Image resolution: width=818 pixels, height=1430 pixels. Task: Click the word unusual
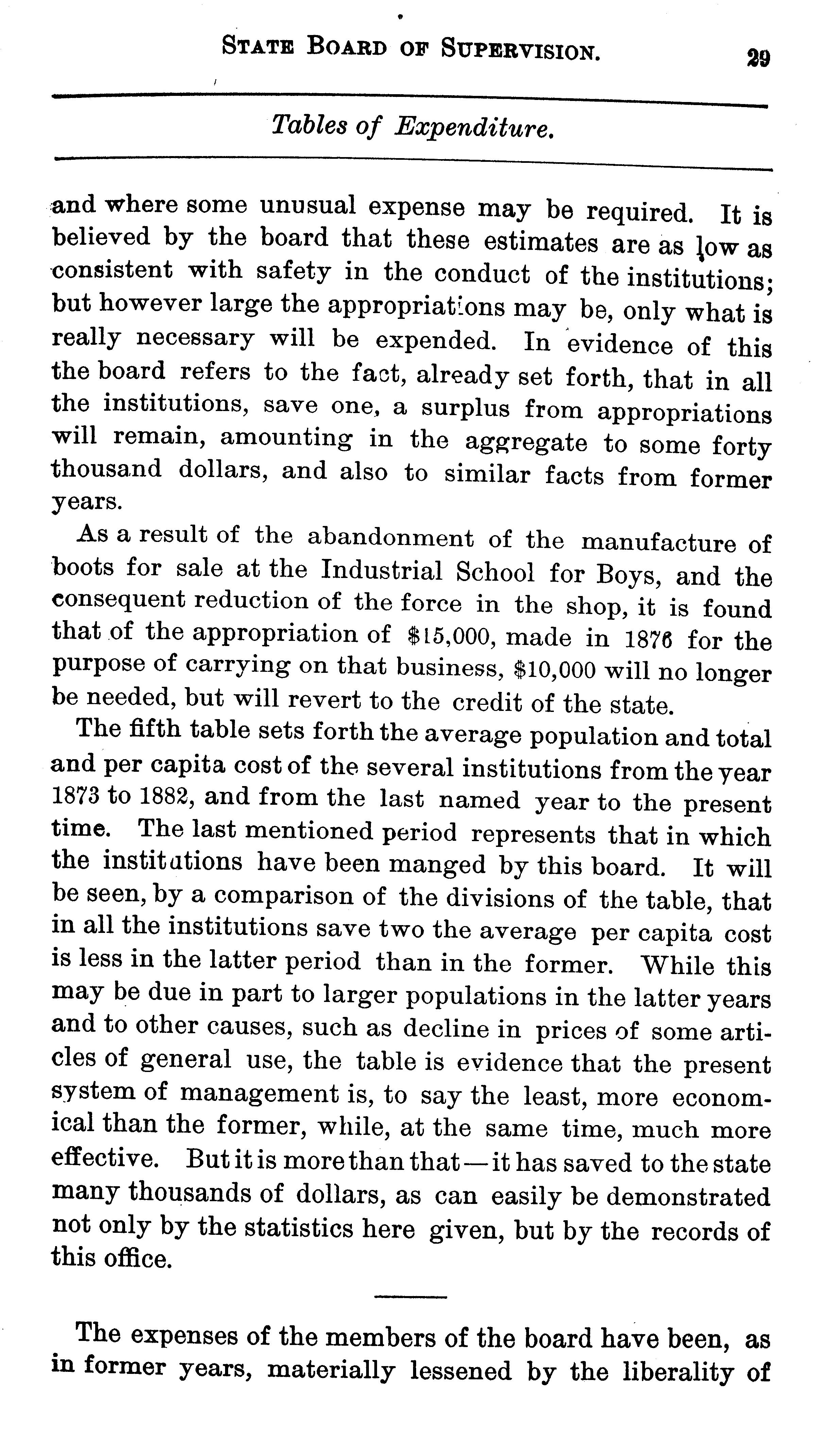click(308, 206)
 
